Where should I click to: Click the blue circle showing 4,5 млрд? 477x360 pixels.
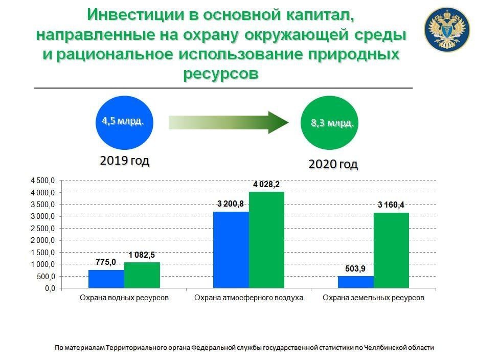(124, 123)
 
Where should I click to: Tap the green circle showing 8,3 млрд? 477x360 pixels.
(329, 123)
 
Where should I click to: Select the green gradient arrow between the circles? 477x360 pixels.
(229, 122)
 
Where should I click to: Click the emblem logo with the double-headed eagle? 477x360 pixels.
(447, 29)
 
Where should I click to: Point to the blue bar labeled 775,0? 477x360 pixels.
(106, 279)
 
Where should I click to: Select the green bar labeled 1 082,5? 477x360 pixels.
(142, 275)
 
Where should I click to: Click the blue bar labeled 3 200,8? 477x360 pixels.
(231, 250)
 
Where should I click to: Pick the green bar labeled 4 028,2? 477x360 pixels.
(266, 240)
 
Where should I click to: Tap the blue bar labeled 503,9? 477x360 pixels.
(356, 282)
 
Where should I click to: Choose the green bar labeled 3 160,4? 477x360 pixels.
(391, 250)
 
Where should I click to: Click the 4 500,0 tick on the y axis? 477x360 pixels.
(42, 181)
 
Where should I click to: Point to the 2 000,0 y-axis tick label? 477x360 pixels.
(42, 240)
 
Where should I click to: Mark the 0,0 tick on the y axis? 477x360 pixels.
(50, 288)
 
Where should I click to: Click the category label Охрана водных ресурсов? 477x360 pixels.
(124, 298)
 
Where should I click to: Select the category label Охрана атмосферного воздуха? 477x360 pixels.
(249, 298)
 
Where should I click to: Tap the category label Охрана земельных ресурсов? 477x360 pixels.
(373, 298)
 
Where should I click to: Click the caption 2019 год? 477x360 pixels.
(124, 161)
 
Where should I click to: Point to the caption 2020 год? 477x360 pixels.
(333, 164)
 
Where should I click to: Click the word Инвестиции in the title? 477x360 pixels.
(135, 15)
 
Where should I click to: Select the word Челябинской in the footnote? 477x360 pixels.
(381, 348)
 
